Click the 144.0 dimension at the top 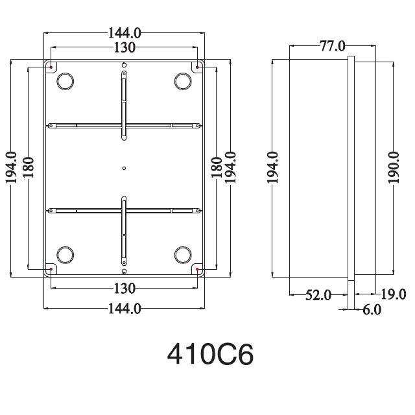pyautogui.click(x=124, y=33)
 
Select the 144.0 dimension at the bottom pyautogui.click(x=124, y=309)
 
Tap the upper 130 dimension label pyautogui.click(x=124, y=47)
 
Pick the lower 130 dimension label pyautogui.click(x=124, y=288)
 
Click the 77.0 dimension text pyautogui.click(x=333, y=46)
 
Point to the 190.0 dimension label pyautogui.click(x=394, y=168)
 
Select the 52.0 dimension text pyautogui.click(x=318, y=295)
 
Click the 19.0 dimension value pyautogui.click(x=394, y=294)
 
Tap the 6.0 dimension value pyautogui.click(x=372, y=310)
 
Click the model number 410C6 pyautogui.click(x=210, y=354)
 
